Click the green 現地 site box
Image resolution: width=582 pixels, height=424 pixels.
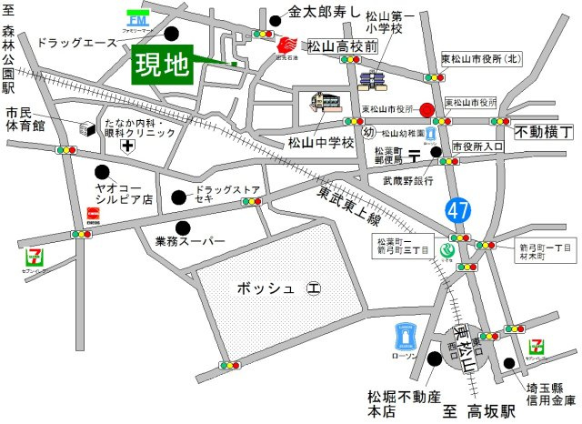(x=163, y=65)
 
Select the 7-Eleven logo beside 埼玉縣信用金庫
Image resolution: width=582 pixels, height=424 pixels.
(x=538, y=348)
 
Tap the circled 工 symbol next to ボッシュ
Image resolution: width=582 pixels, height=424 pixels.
(x=314, y=289)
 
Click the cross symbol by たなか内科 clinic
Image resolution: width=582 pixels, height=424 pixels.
(x=129, y=145)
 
